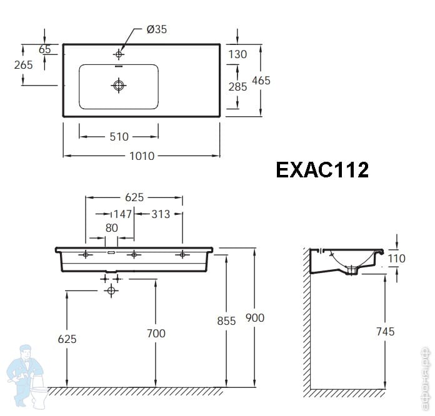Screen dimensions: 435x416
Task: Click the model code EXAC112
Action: [322, 170]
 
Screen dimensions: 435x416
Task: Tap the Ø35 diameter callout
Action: [157, 29]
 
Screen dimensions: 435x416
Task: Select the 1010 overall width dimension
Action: [142, 156]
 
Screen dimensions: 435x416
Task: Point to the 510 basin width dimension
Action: [119, 137]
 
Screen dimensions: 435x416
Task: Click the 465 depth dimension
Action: [261, 81]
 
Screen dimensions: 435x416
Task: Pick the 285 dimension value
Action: [237, 87]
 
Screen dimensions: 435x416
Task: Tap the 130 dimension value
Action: [237, 54]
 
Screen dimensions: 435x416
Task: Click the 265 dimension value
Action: [24, 65]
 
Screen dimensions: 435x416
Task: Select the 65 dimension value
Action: [44, 49]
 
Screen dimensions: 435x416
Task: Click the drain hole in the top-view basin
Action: [119, 85]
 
